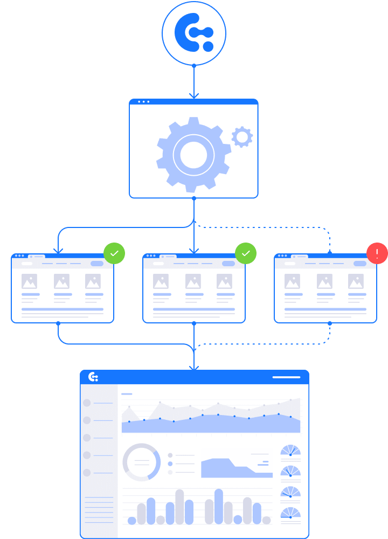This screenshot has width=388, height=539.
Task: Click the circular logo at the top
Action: click(x=194, y=33)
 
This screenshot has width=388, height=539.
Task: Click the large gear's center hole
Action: click(x=193, y=155)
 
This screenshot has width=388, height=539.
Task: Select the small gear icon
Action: click(x=242, y=137)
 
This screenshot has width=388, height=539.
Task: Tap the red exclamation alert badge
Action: click(x=377, y=253)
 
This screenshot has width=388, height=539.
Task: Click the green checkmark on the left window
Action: click(x=114, y=253)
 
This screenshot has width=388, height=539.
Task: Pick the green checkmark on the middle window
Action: click(x=246, y=253)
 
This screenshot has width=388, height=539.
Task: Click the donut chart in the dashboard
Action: click(x=142, y=462)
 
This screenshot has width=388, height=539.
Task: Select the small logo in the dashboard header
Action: click(x=93, y=377)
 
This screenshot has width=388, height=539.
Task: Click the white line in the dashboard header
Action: click(x=286, y=377)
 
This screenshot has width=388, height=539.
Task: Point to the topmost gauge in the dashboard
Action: click(x=290, y=451)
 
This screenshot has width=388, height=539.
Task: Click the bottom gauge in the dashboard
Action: click(x=290, y=513)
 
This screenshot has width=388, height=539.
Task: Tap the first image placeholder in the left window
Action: click(x=29, y=281)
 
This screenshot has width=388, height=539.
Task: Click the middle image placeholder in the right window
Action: click(x=324, y=281)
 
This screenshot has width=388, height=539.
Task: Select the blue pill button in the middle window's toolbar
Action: click(x=228, y=264)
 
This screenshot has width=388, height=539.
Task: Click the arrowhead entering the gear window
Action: click(x=194, y=96)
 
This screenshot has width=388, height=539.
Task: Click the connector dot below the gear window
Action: click(x=194, y=199)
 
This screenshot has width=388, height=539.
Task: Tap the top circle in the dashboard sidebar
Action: click(x=87, y=403)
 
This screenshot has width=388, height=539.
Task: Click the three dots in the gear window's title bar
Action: click(x=143, y=101)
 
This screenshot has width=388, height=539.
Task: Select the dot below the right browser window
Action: click(x=330, y=323)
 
